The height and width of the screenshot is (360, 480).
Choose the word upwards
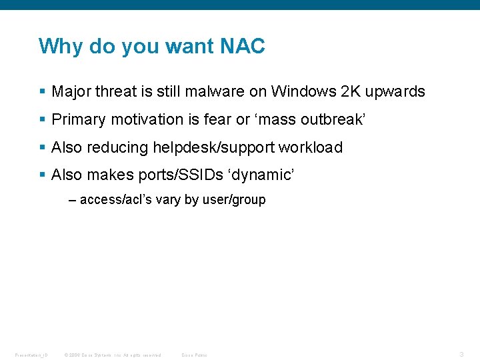coord(395,92)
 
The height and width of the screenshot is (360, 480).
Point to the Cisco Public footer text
coord(194,355)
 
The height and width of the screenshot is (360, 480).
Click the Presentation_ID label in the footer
coord(31,355)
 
